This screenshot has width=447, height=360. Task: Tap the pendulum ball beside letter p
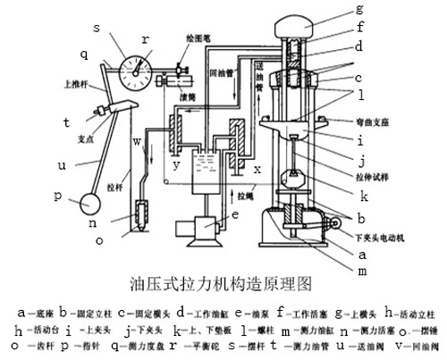click(x=92, y=204)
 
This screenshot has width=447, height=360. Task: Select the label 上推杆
click(x=52, y=87)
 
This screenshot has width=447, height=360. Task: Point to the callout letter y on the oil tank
click(x=177, y=166)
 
